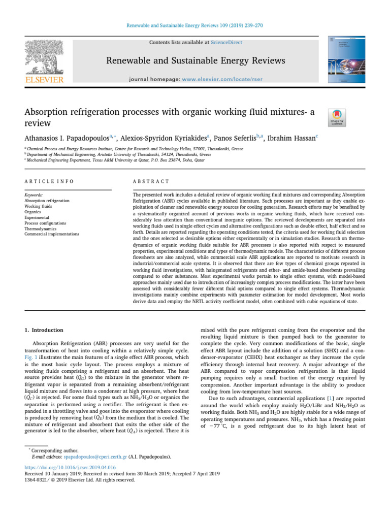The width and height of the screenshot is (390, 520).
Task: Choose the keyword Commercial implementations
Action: click(x=52, y=234)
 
